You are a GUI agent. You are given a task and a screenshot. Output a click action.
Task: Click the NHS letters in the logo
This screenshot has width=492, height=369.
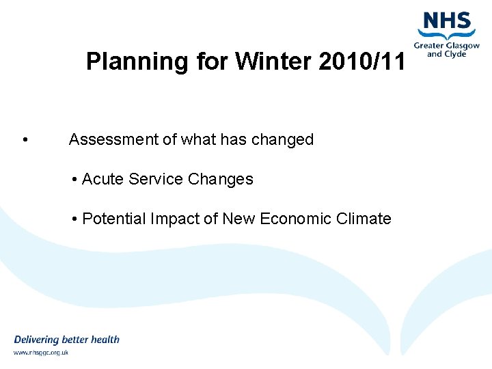[447, 20]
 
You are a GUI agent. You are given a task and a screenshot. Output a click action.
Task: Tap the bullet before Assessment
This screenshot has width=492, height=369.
[25, 141]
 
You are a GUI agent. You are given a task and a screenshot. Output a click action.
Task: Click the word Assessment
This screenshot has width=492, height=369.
[113, 140]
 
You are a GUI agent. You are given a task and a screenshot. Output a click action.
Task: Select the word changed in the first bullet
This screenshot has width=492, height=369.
[282, 140]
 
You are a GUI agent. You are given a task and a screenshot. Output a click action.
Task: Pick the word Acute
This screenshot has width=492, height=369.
[102, 180]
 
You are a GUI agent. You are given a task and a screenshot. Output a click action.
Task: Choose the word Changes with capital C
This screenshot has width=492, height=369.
[220, 180]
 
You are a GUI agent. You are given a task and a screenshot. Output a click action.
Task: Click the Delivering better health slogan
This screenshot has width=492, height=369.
[66, 340]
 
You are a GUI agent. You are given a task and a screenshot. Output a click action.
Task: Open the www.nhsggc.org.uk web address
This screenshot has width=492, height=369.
[41, 353]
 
